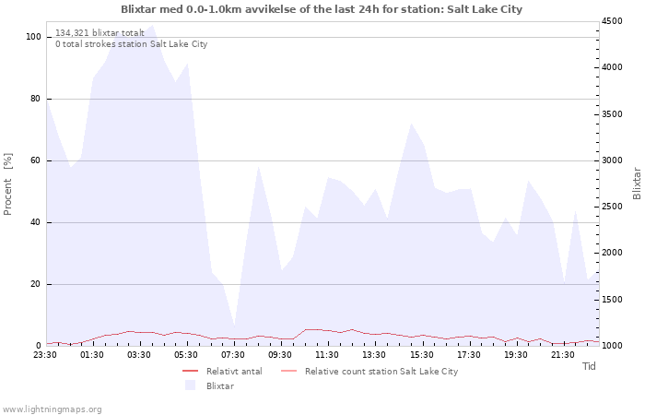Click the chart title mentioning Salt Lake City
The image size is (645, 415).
pos(322,9)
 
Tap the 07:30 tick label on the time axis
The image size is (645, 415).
pos(233,355)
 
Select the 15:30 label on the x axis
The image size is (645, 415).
pos(422,355)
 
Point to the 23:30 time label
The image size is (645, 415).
pos(45,355)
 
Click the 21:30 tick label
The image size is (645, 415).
pos(563,355)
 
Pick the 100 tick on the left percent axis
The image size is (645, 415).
pos(33,37)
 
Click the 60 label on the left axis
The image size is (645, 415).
pos(35,160)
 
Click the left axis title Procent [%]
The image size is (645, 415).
pos(7,184)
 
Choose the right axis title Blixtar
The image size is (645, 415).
pos(637,184)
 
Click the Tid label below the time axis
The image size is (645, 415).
pos(589,366)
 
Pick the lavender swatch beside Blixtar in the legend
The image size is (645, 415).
pos(190,385)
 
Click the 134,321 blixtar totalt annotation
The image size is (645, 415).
pos(100,32)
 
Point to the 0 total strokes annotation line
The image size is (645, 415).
pos(131,43)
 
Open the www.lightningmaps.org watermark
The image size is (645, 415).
pos(52,409)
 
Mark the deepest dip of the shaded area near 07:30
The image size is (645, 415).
pos(234,327)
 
